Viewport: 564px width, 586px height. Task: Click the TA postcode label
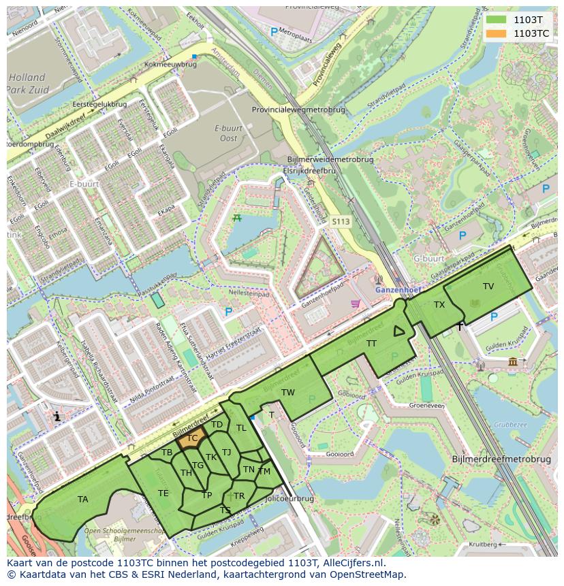pyautogui.click(x=82, y=500)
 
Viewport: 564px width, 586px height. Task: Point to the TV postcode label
pyautogui.click(x=488, y=287)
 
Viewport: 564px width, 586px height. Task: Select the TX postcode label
pyautogui.click(x=439, y=305)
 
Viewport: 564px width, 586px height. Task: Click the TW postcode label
pyautogui.click(x=288, y=393)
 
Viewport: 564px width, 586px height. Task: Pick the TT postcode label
pyautogui.click(x=371, y=344)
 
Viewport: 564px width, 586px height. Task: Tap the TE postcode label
pyautogui.click(x=163, y=493)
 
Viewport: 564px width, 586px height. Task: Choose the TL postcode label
pyautogui.click(x=240, y=428)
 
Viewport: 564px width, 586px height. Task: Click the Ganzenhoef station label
pyautogui.click(x=398, y=290)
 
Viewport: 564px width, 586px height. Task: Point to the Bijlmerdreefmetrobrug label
pyautogui.click(x=501, y=459)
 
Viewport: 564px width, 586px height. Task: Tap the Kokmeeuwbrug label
pyautogui.click(x=170, y=64)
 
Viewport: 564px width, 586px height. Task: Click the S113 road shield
pyautogui.click(x=340, y=222)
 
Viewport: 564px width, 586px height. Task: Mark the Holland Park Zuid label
pyautogui.click(x=27, y=83)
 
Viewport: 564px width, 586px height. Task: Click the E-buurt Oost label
pyautogui.click(x=225, y=133)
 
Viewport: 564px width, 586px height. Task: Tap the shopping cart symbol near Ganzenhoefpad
pyautogui.click(x=354, y=304)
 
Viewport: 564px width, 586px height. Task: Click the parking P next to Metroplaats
pyautogui.click(x=274, y=32)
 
